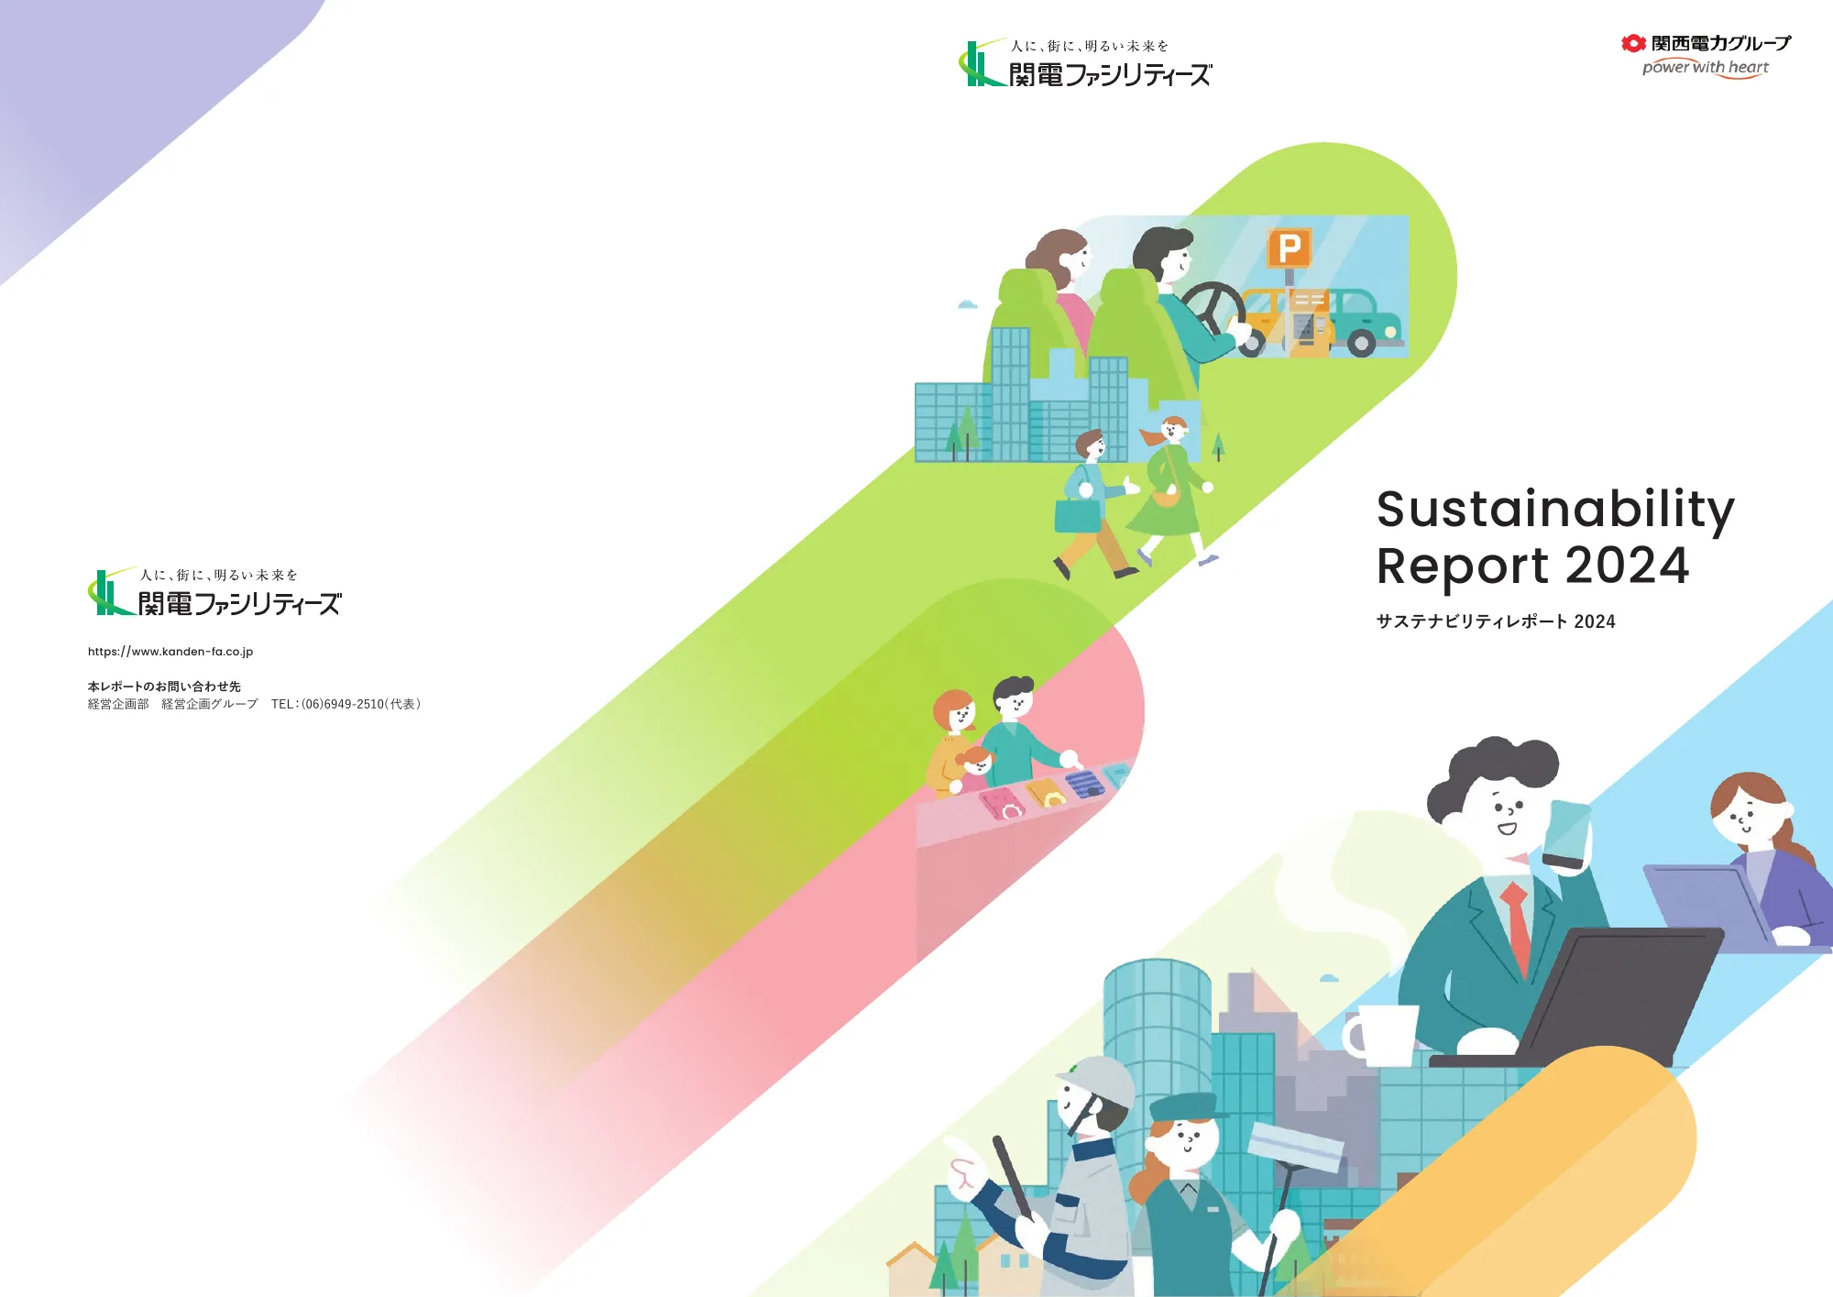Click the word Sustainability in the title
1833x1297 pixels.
(x=1555, y=510)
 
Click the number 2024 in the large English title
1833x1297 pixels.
(x=1627, y=566)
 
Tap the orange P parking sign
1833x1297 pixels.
(x=1290, y=247)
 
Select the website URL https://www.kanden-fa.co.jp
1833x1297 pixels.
(x=170, y=652)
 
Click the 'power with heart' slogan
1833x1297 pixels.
(x=1705, y=68)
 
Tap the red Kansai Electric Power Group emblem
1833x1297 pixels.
(x=1632, y=43)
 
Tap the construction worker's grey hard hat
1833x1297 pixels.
(x=1097, y=1080)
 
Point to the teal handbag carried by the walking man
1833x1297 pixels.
(x=1077, y=515)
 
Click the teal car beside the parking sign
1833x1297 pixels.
(x=1366, y=323)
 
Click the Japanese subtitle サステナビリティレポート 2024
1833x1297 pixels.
(x=1496, y=621)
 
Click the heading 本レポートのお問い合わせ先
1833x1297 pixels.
(x=164, y=687)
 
